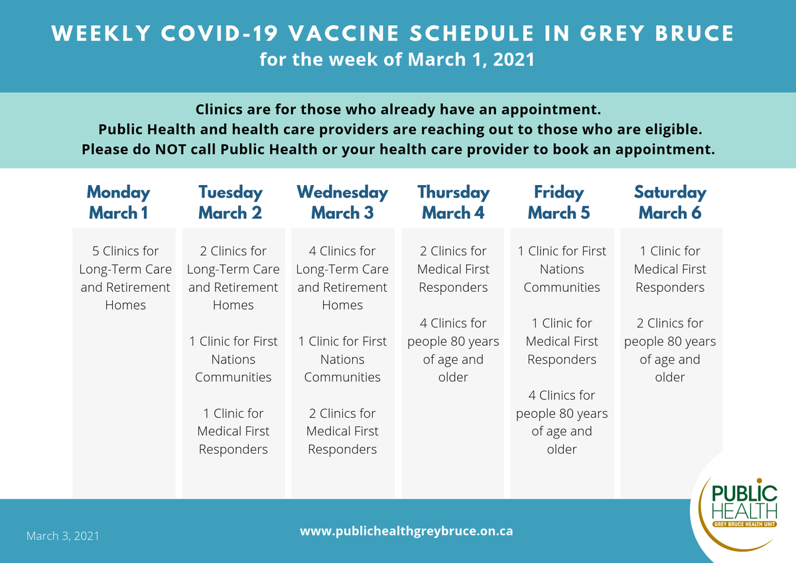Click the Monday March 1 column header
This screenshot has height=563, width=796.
pyautogui.click(x=119, y=203)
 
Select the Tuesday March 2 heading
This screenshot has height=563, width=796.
pyautogui.click(x=230, y=203)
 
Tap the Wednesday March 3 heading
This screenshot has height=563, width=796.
pyautogui.click(x=342, y=203)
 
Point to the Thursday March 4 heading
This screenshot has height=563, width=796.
pyautogui.click(x=453, y=203)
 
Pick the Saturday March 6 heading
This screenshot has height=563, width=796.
pyautogui.click(x=670, y=203)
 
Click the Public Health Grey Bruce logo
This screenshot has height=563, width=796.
pyautogui.click(x=743, y=507)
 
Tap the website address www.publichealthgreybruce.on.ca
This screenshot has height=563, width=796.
pyautogui.click(x=406, y=531)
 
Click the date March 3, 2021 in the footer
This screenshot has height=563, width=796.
pyautogui.click(x=62, y=535)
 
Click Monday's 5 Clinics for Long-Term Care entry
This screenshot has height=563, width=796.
pyautogui.click(x=125, y=278)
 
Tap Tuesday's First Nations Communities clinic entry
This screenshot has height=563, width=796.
pyautogui.click(x=233, y=359)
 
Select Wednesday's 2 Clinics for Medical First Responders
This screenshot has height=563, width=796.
pyautogui.click(x=342, y=431)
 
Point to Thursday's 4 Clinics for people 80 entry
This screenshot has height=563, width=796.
pyautogui.click(x=453, y=350)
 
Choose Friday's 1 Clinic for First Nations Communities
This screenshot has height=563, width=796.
pyautogui.click(x=562, y=269)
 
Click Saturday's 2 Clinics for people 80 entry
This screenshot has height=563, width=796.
pyautogui.click(x=670, y=350)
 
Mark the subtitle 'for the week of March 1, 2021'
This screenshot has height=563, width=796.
pyautogui.click(x=397, y=60)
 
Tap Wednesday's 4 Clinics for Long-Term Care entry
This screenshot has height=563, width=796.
pyautogui.click(x=342, y=278)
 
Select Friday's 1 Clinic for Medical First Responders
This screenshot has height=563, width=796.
pyautogui.click(x=562, y=342)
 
